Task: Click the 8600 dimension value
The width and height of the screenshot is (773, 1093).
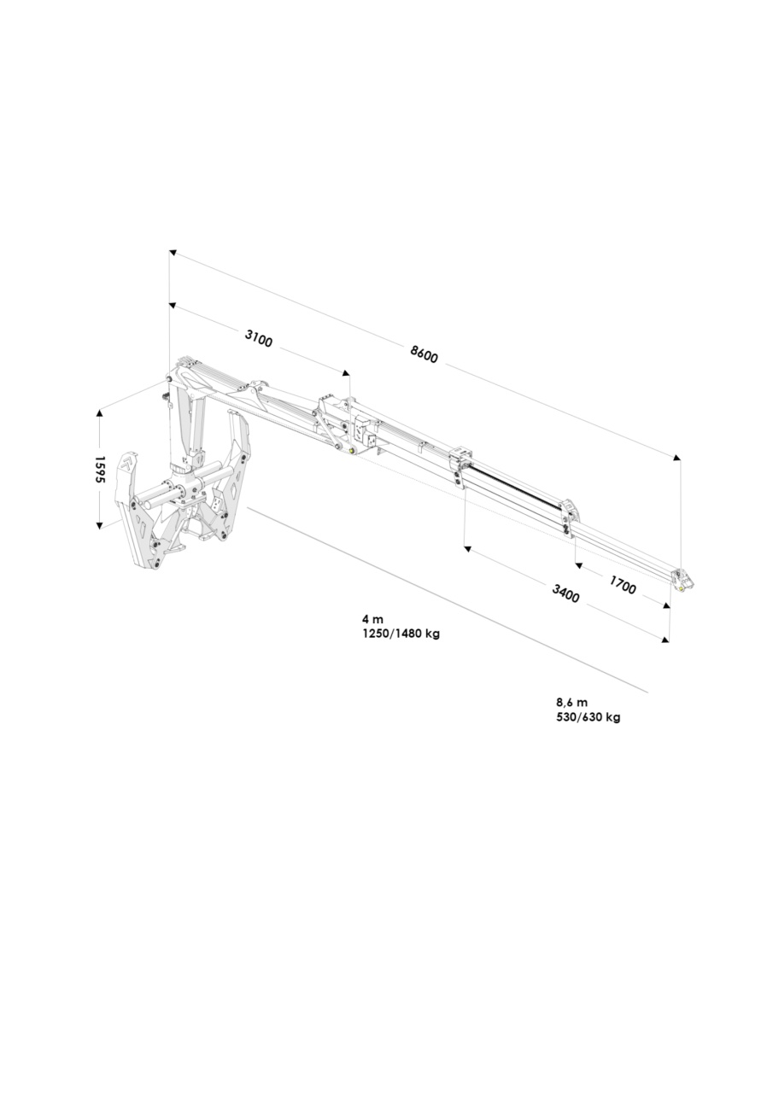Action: pyautogui.click(x=424, y=354)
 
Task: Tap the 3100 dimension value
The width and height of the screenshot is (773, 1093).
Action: pyautogui.click(x=258, y=338)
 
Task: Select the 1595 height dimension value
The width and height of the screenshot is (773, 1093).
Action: pyautogui.click(x=100, y=470)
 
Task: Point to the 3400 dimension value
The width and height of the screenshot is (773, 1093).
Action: pyautogui.click(x=565, y=593)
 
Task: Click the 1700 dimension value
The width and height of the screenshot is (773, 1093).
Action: pyautogui.click(x=623, y=585)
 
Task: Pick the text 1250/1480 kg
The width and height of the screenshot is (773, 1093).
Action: pyautogui.click(x=401, y=634)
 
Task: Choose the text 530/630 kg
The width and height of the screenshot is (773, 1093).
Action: pyautogui.click(x=589, y=717)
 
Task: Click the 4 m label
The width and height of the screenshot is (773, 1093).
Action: pyautogui.click(x=372, y=619)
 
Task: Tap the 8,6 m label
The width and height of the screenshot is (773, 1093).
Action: pyautogui.click(x=572, y=703)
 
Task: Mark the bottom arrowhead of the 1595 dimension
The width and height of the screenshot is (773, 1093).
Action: pyautogui.click(x=100, y=525)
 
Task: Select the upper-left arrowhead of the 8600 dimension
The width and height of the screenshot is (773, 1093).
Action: pyautogui.click(x=173, y=252)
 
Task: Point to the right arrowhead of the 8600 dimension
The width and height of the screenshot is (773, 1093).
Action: pyautogui.click(x=676, y=457)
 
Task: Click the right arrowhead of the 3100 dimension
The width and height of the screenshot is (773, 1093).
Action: pyautogui.click(x=346, y=373)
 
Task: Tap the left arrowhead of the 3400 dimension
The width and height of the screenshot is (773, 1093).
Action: pyautogui.click(x=467, y=549)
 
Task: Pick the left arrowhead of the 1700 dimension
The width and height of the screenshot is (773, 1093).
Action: pyautogui.click(x=579, y=565)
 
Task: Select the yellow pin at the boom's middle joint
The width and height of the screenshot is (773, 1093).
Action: pyautogui.click(x=351, y=450)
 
